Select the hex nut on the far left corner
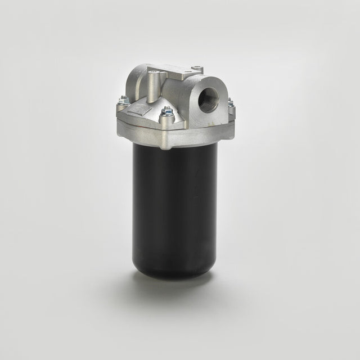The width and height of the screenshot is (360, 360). pos(122,101)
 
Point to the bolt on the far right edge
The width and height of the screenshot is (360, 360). pos(229,102)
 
